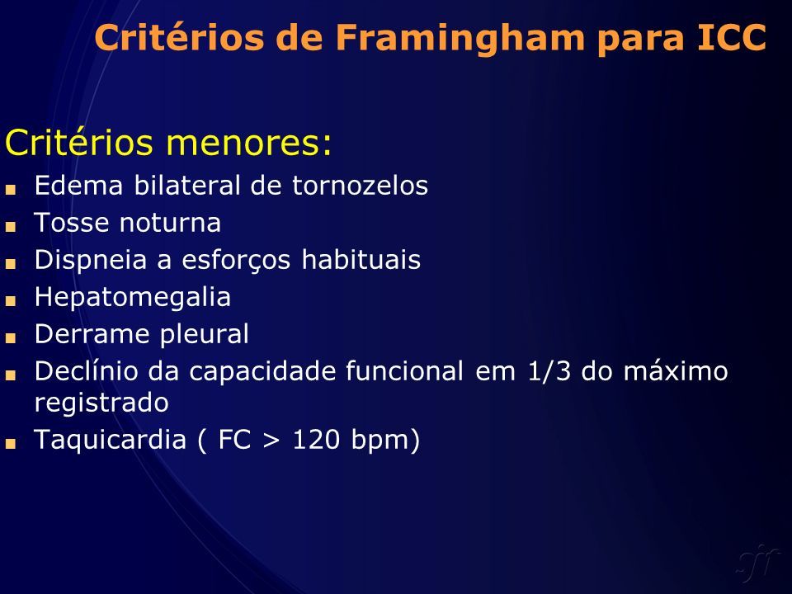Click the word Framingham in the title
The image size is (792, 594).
tap(460, 39)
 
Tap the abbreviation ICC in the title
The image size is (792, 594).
tap(732, 37)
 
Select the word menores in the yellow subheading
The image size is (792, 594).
tap(243, 143)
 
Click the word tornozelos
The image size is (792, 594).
tap(361, 185)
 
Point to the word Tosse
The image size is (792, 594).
tap(71, 222)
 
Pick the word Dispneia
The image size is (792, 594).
tap(91, 261)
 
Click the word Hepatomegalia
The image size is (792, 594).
tap(132, 298)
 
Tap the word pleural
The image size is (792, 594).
tap(204, 334)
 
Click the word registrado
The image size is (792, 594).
tap(101, 403)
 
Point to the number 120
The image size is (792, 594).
tap(316, 439)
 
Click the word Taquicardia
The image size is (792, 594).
tap(110, 440)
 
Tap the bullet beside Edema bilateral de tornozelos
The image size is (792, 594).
tap(11, 190)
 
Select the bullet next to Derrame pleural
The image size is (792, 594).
tap(11, 338)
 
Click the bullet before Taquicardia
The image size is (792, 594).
tap(11, 444)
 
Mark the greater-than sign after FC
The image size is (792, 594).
tap(271, 440)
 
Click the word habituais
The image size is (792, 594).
tap(361, 260)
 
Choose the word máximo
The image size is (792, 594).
tap(676, 370)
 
